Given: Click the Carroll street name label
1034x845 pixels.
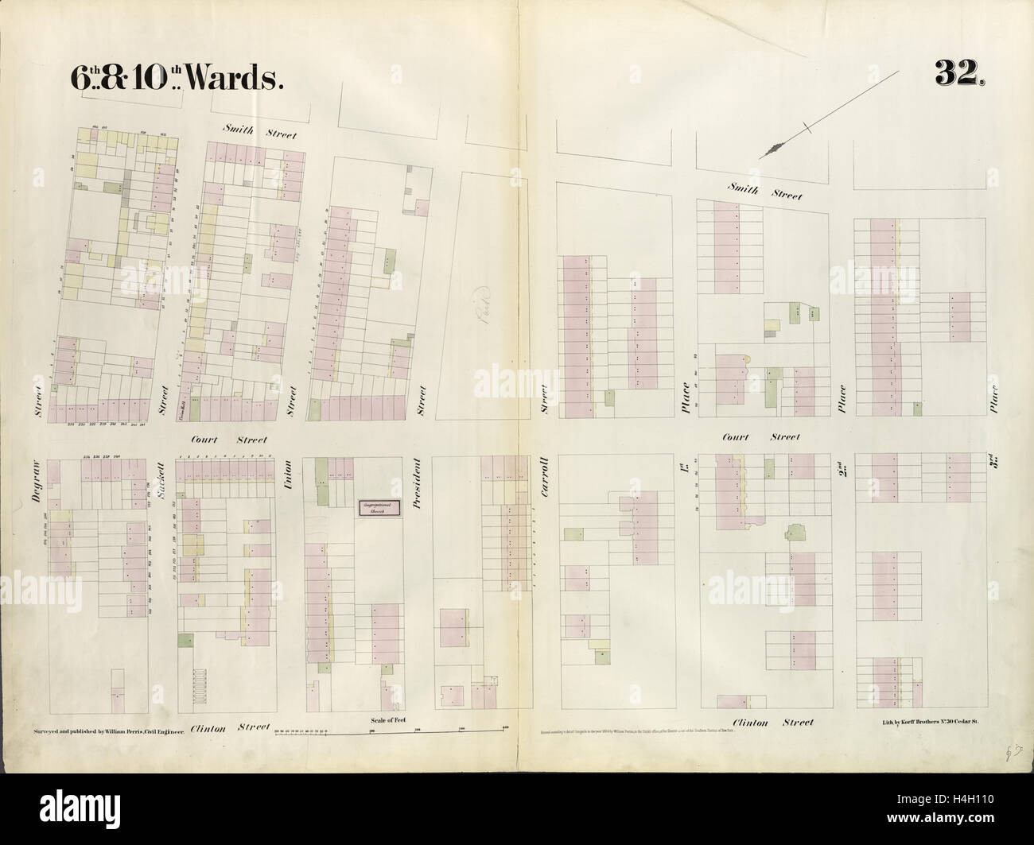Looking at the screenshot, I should click(546, 480).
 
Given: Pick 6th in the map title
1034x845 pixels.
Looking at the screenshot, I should click(74, 77).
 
